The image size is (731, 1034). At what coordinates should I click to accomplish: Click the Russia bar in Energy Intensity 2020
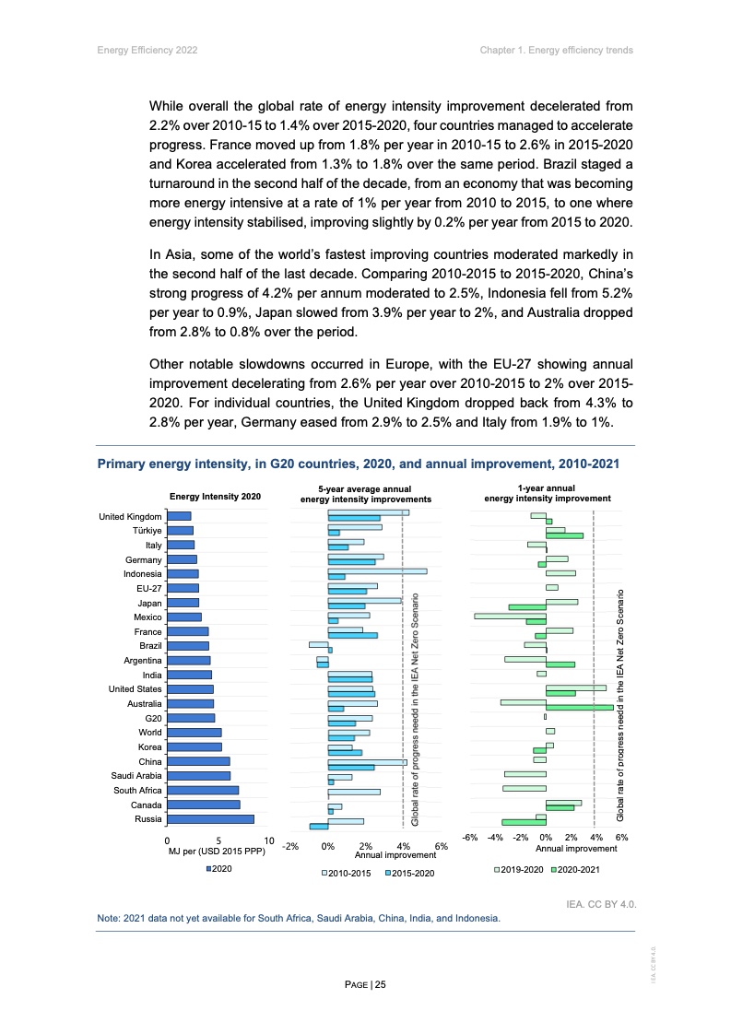pos(210,819)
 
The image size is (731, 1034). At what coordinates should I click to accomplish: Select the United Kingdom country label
pos(130,516)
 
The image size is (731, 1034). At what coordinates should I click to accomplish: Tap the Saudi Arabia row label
pos(136,776)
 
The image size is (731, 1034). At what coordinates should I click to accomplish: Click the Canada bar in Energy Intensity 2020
pos(203,805)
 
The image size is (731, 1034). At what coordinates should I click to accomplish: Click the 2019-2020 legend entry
pos(519,869)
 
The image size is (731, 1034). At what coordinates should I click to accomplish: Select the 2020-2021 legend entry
pos(576,869)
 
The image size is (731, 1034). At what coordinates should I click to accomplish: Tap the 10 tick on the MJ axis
pos(269,840)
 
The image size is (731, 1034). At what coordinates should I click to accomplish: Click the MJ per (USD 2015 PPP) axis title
pos(217,851)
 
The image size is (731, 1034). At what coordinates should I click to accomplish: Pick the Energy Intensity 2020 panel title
pos(216,497)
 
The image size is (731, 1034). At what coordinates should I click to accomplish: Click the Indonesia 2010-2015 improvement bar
pos(377,571)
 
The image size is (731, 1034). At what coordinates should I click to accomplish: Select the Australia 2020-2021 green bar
pos(579,707)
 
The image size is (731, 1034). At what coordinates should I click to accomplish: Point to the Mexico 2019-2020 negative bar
pos(510,616)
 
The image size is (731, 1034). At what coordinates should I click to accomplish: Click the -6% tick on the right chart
pos(469,838)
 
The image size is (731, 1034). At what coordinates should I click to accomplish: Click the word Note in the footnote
pos(108,919)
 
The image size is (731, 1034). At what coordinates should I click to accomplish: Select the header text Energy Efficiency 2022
pos(147,49)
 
